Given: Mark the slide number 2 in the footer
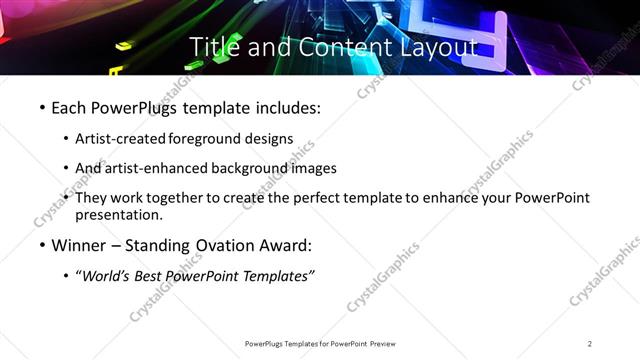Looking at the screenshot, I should [590, 344].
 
